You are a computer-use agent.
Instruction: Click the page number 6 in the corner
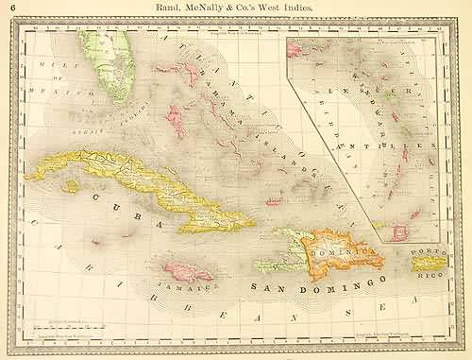click(8, 8)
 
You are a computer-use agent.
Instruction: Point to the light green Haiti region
click(284, 250)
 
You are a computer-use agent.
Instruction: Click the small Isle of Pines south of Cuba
click(71, 187)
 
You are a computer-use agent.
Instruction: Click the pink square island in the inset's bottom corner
click(413, 215)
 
